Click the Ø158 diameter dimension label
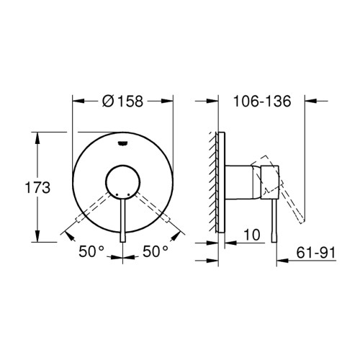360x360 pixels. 122,102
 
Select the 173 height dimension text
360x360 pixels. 37,187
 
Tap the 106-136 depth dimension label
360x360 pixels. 262,101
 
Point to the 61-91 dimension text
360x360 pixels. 315,253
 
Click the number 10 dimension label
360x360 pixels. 252,235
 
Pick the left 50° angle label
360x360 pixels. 91,251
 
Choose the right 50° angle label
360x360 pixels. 156,251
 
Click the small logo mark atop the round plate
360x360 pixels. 122,143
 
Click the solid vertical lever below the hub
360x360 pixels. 122,220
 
